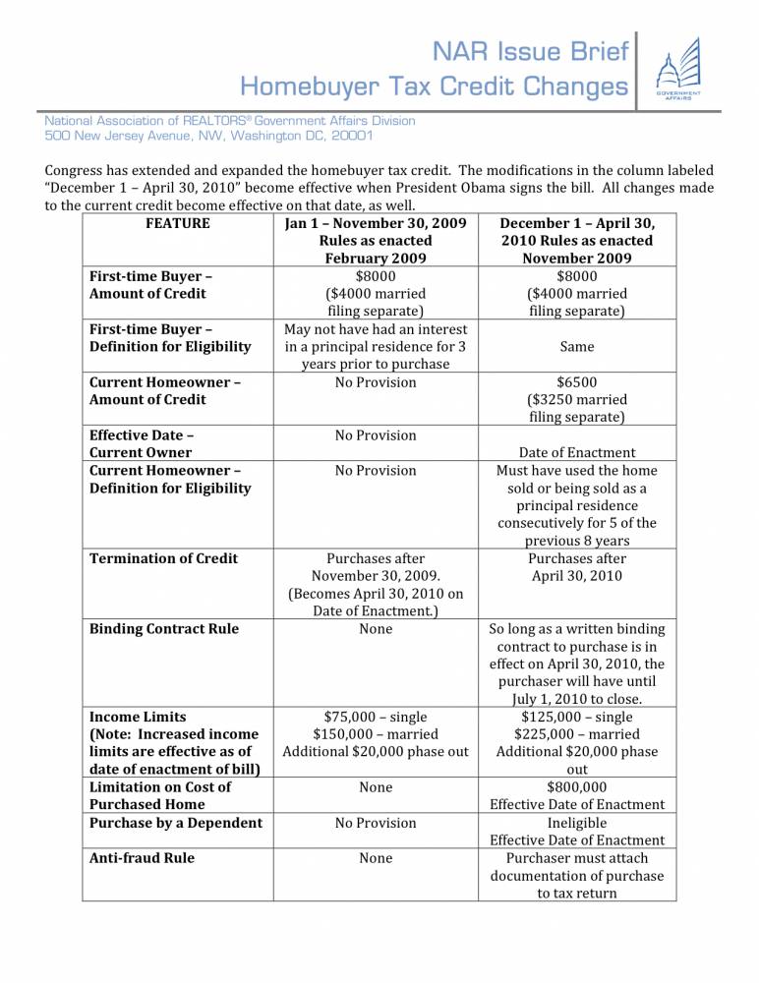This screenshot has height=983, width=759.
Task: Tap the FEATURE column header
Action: coord(177,223)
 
